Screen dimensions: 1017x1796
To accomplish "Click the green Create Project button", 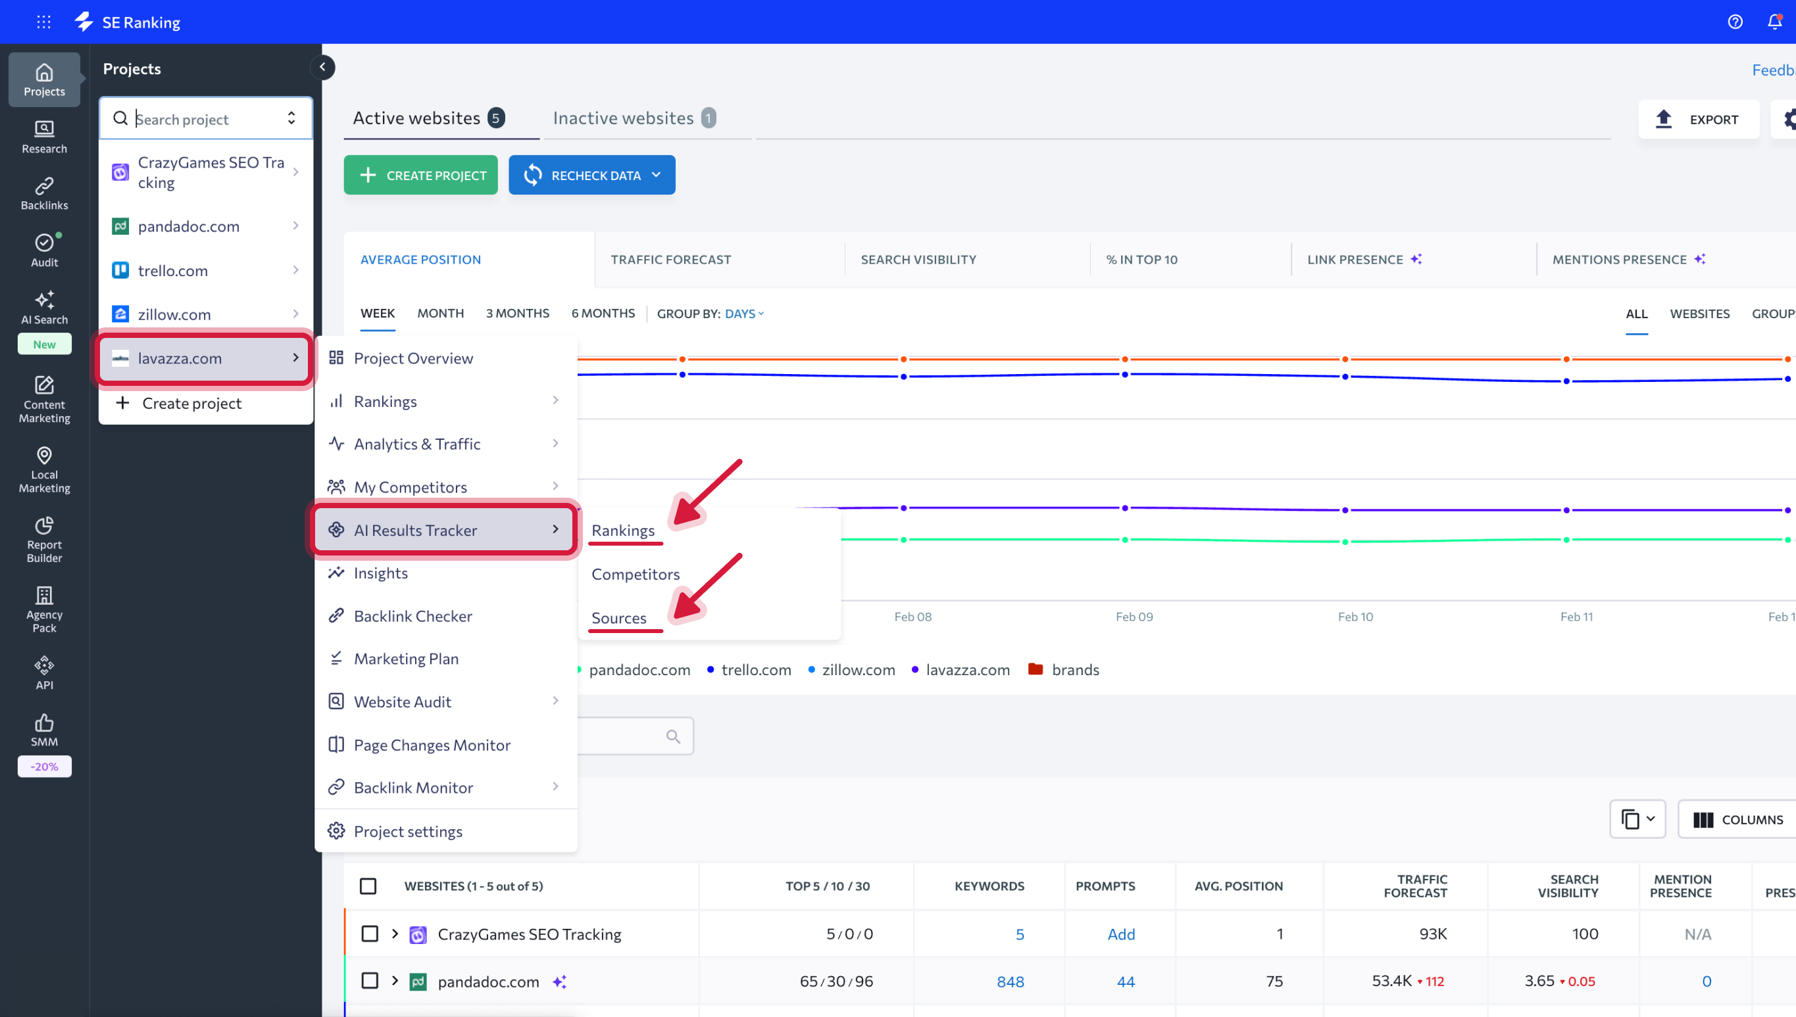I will [420, 175].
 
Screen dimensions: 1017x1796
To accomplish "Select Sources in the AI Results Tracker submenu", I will [618, 618].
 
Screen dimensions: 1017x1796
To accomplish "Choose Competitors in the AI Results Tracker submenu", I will [635, 574].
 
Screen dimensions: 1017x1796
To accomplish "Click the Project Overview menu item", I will [413, 358].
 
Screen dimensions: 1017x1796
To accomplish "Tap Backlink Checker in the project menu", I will [412, 616].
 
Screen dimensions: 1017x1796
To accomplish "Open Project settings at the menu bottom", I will [407, 831].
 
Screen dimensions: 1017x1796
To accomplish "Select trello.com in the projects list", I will [172, 270].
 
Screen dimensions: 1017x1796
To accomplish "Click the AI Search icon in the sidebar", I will [44, 308].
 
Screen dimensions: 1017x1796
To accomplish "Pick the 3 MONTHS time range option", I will [517, 314].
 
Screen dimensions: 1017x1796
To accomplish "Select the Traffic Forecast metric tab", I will [670, 260].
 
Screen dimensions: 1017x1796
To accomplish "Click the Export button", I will [1697, 120].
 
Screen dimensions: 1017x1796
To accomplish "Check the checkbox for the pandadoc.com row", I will [369, 981].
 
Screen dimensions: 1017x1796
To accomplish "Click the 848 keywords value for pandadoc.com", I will [1010, 982].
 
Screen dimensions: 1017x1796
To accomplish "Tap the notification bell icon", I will [1774, 22].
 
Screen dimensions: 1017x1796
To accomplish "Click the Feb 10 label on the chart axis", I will [1355, 617].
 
